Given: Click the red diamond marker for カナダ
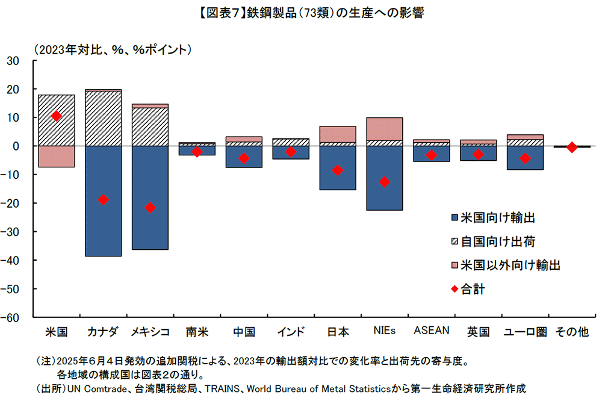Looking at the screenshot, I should pos(103,200).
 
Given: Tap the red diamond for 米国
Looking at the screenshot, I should pos(56,116).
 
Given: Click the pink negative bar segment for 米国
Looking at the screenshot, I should pos(56,157).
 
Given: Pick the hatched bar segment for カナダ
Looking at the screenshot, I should pos(103,119).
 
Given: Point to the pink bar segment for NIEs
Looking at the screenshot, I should pos(385,129).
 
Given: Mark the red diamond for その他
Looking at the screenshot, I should pos(572,148).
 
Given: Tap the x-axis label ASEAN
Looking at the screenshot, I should pos(432,330).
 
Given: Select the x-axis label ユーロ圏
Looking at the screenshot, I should pos(526,331).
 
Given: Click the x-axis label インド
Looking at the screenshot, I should pos(291,331).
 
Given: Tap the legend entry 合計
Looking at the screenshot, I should pos(473,289).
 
